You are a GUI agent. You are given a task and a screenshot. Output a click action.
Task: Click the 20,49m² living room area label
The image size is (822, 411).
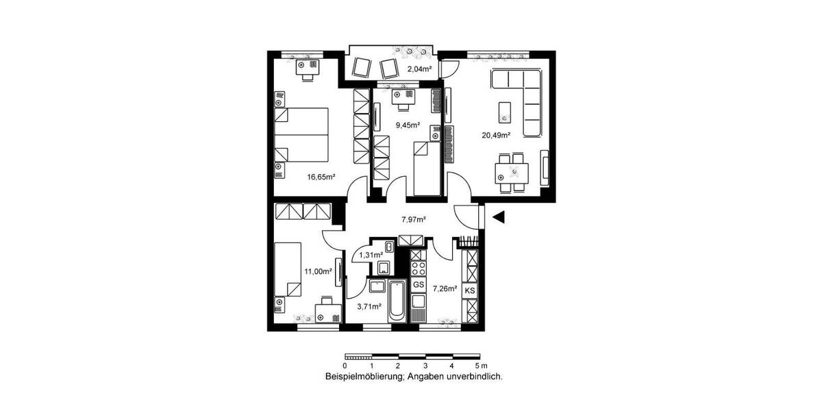click(x=496, y=135)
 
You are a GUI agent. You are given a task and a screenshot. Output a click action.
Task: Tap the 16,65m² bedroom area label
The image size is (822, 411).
click(x=321, y=177)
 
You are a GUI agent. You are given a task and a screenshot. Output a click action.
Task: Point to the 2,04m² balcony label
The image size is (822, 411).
click(x=419, y=69)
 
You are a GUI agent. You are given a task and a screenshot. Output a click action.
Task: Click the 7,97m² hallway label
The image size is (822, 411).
click(x=414, y=219)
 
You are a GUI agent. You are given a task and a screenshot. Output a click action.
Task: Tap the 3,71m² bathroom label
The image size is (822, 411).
click(x=370, y=306)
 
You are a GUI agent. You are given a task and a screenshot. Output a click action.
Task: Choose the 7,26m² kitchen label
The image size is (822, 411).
click(x=445, y=289)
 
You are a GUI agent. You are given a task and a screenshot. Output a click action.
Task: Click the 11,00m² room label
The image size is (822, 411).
click(x=318, y=271)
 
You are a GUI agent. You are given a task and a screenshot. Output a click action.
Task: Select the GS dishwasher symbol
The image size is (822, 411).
click(x=419, y=284)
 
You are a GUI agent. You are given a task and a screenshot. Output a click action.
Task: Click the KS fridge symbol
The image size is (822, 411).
click(x=470, y=290)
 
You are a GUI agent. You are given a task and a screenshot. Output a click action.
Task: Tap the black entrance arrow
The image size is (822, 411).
click(x=499, y=217)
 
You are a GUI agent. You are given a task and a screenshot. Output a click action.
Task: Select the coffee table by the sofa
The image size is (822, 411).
click(x=504, y=110)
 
